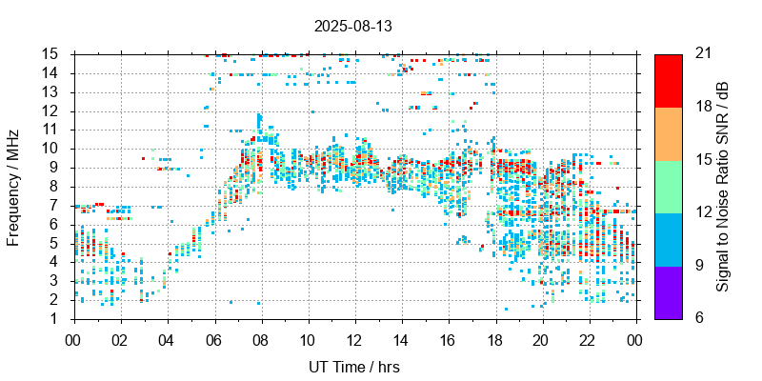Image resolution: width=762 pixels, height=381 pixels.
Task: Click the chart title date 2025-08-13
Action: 352,26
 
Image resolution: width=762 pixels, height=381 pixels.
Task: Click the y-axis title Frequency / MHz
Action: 13,186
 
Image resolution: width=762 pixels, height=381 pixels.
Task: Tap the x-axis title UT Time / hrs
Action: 354,367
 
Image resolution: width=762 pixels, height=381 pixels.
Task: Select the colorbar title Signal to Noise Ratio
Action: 723,186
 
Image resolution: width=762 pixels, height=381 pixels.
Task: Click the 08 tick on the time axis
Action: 260,339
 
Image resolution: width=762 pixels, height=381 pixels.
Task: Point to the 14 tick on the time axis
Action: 401,339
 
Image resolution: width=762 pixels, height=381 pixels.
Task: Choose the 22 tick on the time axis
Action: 589,339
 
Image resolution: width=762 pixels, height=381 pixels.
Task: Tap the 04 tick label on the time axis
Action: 167,339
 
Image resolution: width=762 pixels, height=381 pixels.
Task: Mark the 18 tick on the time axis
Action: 495,339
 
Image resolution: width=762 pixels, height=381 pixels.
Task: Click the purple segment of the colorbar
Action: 668,291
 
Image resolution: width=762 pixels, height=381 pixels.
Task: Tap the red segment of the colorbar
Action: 668,80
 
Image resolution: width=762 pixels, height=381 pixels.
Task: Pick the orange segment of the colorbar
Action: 668,133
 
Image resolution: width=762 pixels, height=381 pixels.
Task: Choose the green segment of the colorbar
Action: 668,186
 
